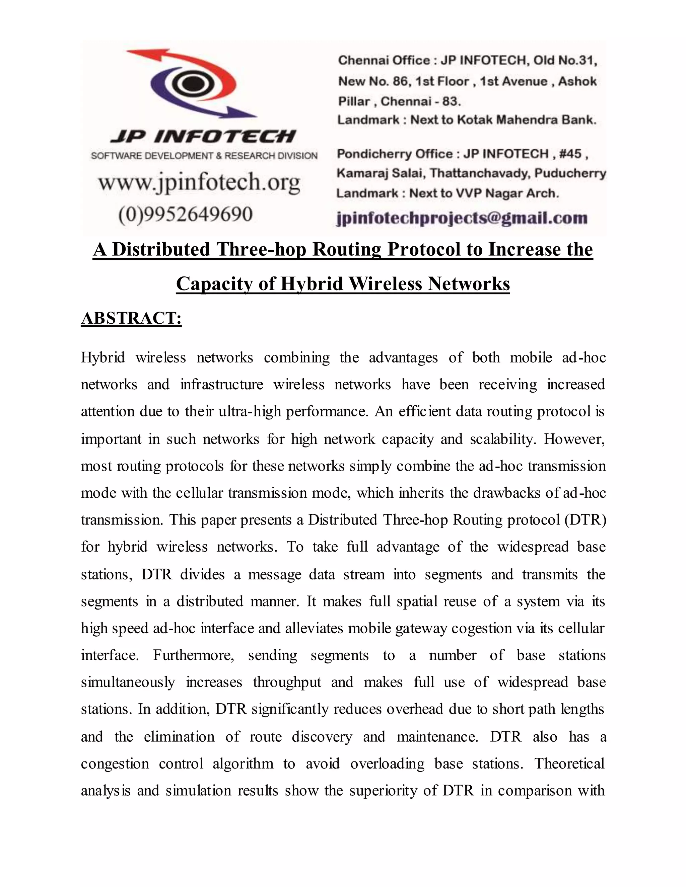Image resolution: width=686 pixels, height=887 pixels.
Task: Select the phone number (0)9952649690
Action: [185, 214]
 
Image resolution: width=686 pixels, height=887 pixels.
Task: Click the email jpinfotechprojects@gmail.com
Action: [462, 218]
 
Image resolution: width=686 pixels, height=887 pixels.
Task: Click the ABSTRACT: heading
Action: [131, 318]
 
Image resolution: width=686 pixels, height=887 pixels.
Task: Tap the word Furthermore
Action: [194, 655]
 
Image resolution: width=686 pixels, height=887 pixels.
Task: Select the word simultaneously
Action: [128, 682]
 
